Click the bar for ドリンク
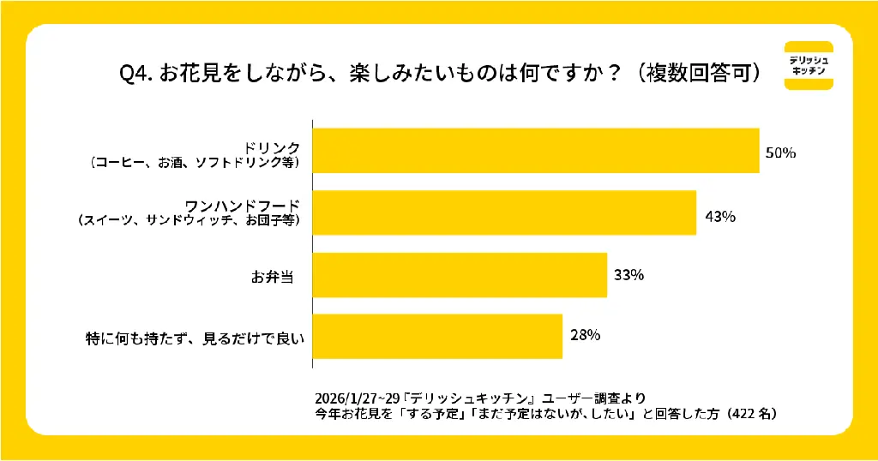point(536,151)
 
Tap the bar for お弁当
point(460,275)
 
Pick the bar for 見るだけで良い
point(437,337)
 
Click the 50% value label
point(781,153)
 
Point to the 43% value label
point(719,215)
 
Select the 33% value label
point(628,276)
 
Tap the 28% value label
point(584,335)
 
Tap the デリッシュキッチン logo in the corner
point(809,65)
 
